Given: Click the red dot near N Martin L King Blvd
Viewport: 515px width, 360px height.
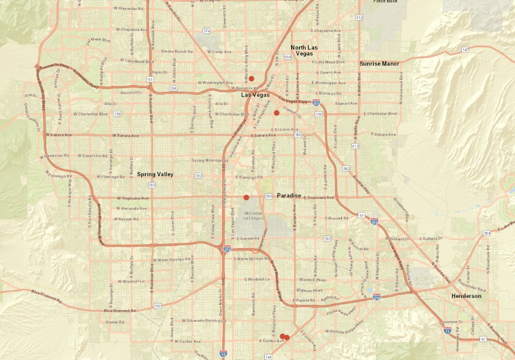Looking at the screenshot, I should click(x=252, y=78).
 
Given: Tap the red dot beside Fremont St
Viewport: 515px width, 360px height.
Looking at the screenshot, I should click(x=276, y=113).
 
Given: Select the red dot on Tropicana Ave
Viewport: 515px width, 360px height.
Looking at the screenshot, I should click(x=246, y=197).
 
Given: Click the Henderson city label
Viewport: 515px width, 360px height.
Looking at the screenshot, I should click(x=466, y=297).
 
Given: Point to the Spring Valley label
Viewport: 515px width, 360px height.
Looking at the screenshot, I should click(x=155, y=174).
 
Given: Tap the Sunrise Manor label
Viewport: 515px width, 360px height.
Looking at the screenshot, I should click(x=379, y=63).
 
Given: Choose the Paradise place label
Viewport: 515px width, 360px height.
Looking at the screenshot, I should click(x=289, y=196).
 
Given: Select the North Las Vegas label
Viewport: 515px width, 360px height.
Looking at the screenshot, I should click(x=305, y=50).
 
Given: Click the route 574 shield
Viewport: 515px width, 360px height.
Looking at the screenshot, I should click(x=207, y=31).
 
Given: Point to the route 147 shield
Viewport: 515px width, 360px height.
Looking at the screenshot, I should click(x=465, y=49).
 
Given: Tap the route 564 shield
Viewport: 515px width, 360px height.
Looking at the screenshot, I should click(x=487, y=233).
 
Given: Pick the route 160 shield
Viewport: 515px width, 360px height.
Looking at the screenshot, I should click(x=158, y=306).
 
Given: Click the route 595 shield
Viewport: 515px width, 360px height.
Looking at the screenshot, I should click(x=152, y=185).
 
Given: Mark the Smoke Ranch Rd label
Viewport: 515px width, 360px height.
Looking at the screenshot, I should click(x=174, y=51).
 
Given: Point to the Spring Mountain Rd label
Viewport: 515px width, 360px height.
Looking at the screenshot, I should click(x=207, y=160).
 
